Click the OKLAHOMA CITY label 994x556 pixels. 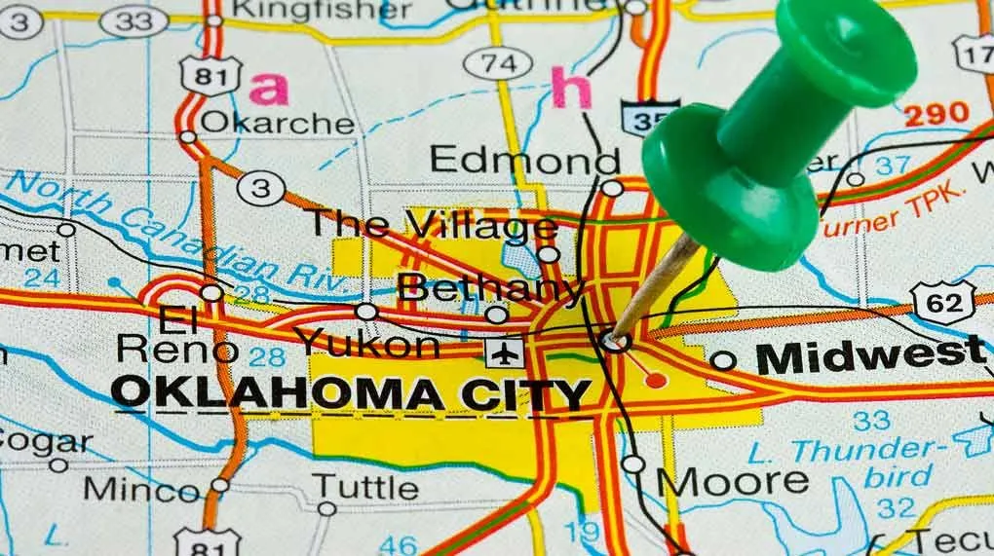pyautogui.click(x=351, y=392)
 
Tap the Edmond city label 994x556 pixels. pyautogui.click(x=524, y=160)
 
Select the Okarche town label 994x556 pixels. pyautogui.click(x=278, y=124)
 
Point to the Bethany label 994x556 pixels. pyautogui.click(x=490, y=288)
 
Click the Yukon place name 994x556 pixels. pyautogui.click(x=367, y=343)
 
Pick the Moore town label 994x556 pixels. pyautogui.click(x=732, y=481)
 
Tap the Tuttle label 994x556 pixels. pyautogui.click(x=364, y=484)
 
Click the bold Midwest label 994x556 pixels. pyautogui.click(x=870, y=355)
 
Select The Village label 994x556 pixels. pyautogui.click(x=432, y=225)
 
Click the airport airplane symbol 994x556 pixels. pyautogui.click(x=504, y=352)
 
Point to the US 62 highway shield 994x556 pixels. pyautogui.click(x=942, y=302)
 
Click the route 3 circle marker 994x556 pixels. pyautogui.click(x=260, y=188)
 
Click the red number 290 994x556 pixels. pyautogui.click(x=936, y=114)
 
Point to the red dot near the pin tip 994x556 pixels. pyautogui.click(x=656, y=379)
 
